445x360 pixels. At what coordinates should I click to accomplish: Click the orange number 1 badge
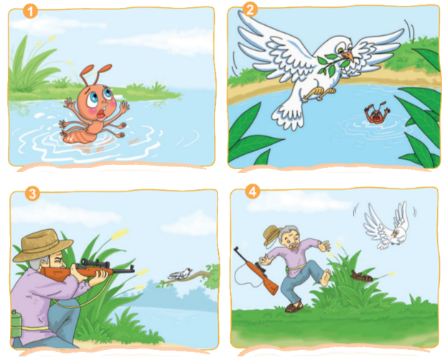pyautogui.click(x=30, y=11)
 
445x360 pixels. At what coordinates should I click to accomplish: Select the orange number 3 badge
pyautogui.click(x=32, y=194)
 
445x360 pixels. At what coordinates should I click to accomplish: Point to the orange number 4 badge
pyautogui.click(x=253, y=192)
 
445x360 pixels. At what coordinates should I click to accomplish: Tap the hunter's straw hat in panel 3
pyautogui.click(x=42, y=245)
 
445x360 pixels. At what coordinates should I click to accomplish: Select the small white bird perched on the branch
pyautogui.click(x=180, y=274)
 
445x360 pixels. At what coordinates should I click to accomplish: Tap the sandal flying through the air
pyautogui.click(x=361, y=276)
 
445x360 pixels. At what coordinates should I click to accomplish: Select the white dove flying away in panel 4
pyautogui.click(x=388, y=226)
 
